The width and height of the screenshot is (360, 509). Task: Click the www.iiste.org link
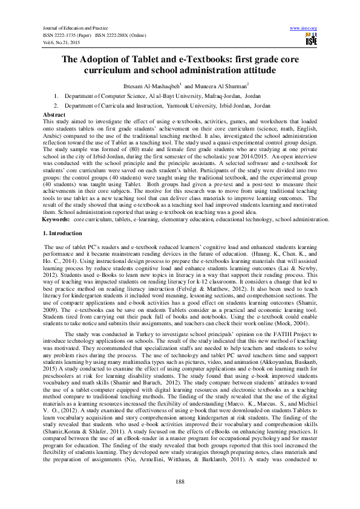click(304, 28)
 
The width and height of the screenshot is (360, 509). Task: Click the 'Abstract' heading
click(55, 114)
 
